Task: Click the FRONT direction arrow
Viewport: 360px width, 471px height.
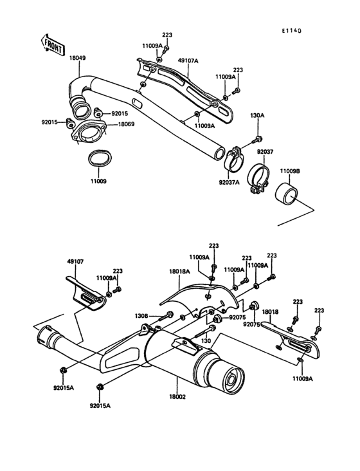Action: (52, 45)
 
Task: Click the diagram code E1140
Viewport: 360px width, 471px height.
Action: (291, 31)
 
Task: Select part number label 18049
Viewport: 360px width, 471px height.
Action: (77, 58)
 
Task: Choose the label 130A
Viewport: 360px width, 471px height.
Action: (257, 116)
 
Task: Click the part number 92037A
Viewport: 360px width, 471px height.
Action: (230, 182)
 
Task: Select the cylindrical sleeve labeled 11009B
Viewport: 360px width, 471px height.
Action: (287, 192)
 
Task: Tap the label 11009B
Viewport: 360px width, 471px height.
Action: (290, 171)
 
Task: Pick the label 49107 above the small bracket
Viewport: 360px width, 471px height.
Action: (75, 261)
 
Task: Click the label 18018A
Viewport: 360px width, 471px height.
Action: (180, 272)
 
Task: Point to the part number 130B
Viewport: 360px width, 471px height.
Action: (141, 316)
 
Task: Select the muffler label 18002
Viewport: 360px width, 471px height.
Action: (177, 397)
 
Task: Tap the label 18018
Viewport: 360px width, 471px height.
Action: (270, 312)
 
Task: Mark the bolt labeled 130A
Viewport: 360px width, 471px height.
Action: (257, 139)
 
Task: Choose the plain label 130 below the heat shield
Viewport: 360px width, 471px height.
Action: (207, 341)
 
